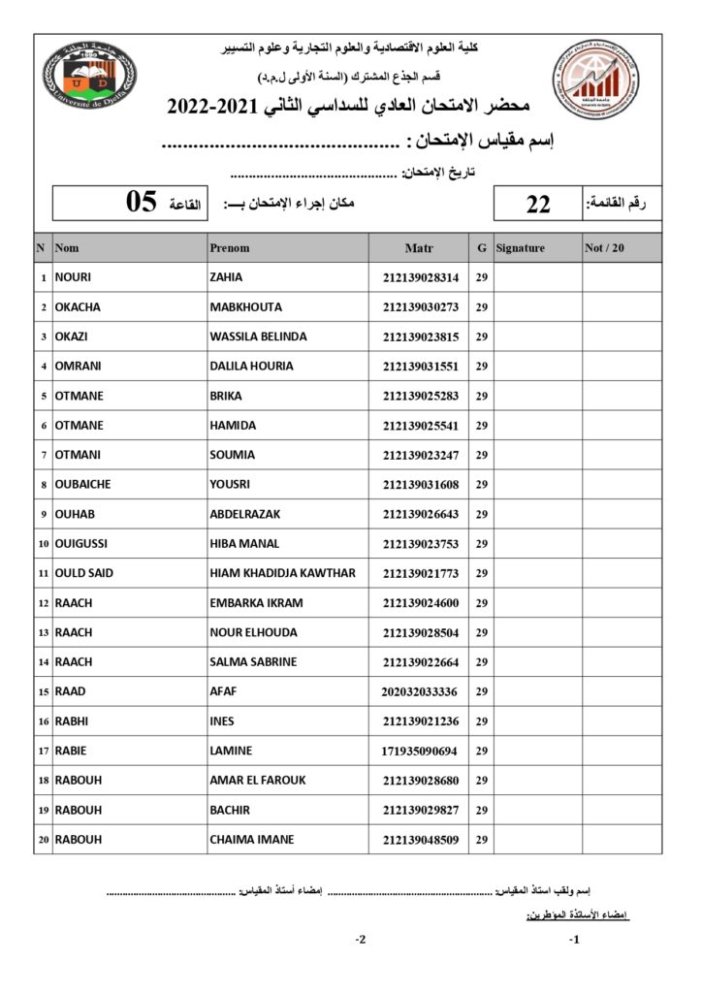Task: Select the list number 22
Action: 538,204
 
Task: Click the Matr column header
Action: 418,248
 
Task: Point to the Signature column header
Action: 521,248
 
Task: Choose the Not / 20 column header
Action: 605,248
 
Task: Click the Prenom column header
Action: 230,248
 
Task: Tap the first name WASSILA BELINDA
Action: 258,336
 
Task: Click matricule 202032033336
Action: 420,691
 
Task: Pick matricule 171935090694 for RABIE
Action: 420,751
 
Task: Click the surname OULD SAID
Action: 84,573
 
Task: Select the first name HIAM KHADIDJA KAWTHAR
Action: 282,573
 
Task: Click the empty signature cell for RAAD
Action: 537,691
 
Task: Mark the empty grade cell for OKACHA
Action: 622,307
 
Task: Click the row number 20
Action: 43,840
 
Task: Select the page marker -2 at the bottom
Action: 360,939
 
